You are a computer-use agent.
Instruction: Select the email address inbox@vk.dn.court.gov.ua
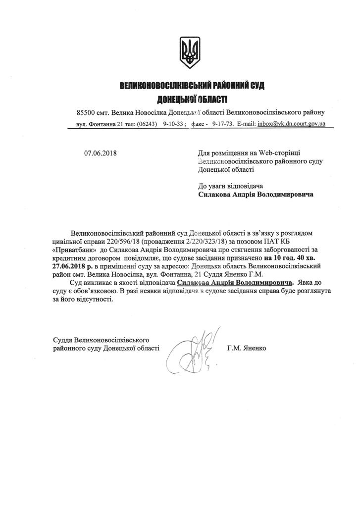[x=292, y=124]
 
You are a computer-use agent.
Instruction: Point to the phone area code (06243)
[x=147, y=124]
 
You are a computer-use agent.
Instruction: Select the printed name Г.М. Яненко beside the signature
[x=247, y=348]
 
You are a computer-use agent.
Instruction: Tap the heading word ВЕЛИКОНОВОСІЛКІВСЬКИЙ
[x=171, y=86]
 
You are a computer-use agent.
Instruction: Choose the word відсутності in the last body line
[x=89, y=300]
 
